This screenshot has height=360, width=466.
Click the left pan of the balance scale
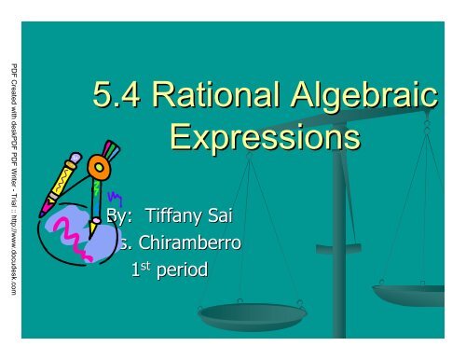coord(240,316)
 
